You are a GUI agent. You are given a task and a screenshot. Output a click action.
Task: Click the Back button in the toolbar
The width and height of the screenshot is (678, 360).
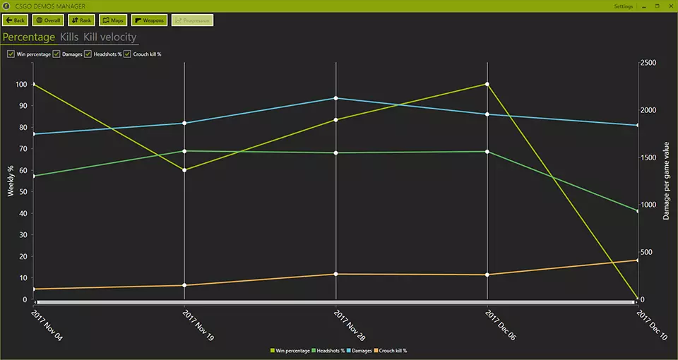pyautogui.click(x=16, y=20)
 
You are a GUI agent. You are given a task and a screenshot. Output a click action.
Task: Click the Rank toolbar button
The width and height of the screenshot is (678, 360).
pyautogui.click(x=81, y=20)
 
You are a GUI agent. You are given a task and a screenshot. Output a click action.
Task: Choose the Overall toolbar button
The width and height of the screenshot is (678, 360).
pyautogui.click(x=48, y=20)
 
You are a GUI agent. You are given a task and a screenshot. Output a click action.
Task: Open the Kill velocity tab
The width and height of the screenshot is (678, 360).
pyautogui.click(x=109, y=37)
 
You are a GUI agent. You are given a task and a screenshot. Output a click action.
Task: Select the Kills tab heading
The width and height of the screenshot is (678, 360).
pyautogui.click(x=69, y=37)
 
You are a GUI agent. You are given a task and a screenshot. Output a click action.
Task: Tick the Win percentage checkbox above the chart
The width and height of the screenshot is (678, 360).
pyautogui.click(x=11, y=54)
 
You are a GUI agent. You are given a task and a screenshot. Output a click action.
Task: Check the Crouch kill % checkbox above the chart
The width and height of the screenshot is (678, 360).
pyautogui.click(x=128, y=54)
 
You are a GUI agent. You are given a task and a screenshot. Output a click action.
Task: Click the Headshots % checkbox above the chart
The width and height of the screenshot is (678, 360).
pyautogui.click(x=88, y=54)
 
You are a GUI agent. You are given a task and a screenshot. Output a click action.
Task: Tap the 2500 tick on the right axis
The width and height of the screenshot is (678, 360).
pyautogui.click(x=648, y=63)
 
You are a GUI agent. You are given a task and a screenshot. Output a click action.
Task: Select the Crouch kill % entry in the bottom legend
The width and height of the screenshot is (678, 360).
pyautogui.click(x=391, y=351)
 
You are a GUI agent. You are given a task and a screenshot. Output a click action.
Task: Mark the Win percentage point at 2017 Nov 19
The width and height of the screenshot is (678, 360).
pyautogui.click(x=184, y=170)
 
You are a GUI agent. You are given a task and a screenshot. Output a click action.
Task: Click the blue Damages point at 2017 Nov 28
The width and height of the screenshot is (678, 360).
pyautogui.click(x=335, y=98)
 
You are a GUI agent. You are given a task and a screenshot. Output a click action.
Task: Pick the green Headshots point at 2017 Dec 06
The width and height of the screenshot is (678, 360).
pyautogui.click(x=487, y=152)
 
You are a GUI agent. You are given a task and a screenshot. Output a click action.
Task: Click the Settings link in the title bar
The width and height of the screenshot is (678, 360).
pyautogui.click(x=624, y=6)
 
